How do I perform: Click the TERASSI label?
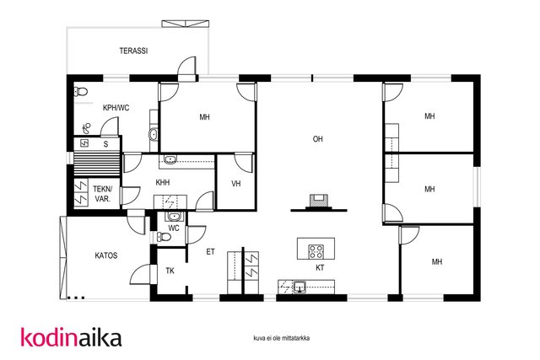pyautogui.click(x=133, y=51)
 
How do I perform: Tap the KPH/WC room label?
pyautogui.click(x=116, y=108)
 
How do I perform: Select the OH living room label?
pyautogui.click(x=317, y=139)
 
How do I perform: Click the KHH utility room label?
pyautogui.click(x=163, y=182)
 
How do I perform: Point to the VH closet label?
pyautogui.click(x=236, y=184)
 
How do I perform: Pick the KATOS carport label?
pyautogui.click(x=106, y=255)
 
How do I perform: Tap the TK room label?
pyautogui.click(x=170, y=271)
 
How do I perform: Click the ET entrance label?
pyautogui.click(x=210, y=252)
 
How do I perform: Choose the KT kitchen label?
pyautogui.click(x=320, y=268)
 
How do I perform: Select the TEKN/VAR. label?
pyautogui.click(x=102, y=194)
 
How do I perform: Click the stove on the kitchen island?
pyautogui.click(x=316, y=251)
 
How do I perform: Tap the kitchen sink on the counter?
pyautogui.click(x=300, y=287)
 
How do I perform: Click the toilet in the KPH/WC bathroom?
pyautogui.click(x=81, y=92)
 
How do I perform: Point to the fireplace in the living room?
pyautogui.click(x=319, y=201)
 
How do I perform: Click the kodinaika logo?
pyautogui.click(x=71, y=337)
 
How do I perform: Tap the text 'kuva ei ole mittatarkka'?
pyautogui.click(x=281, y=338)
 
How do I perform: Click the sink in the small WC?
pyautogui.click(x=174, y=217)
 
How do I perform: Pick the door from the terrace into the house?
pyautogui.click(x=186, y=69)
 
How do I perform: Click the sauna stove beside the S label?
pyautogui.click(x=84, y=142)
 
